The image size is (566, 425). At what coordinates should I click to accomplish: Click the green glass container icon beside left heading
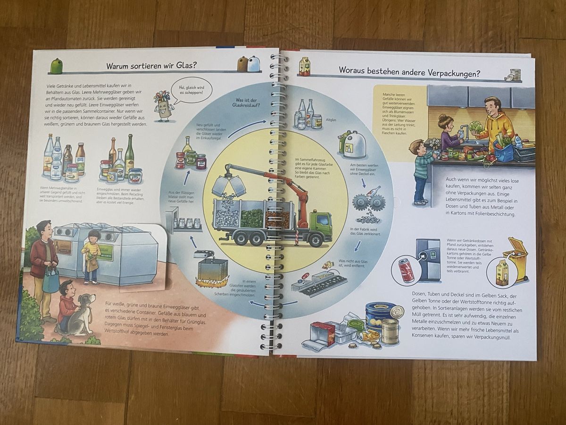(x=56, y=66)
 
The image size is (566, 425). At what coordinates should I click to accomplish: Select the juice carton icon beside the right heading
(x=304, y=67)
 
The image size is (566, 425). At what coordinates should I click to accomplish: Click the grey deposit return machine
(x=427, y=260)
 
